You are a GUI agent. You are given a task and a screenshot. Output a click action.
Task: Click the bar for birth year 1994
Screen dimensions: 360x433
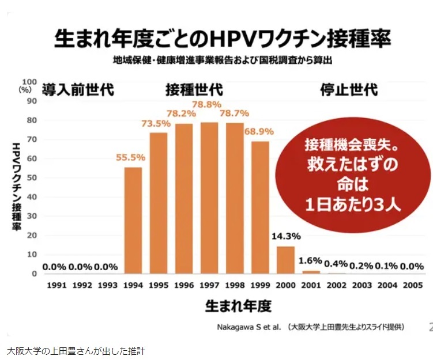[133, 220]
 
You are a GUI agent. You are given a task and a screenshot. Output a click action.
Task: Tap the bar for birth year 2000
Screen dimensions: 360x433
[285, 260]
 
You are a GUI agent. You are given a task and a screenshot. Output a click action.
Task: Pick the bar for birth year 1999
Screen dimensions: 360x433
[260, 207]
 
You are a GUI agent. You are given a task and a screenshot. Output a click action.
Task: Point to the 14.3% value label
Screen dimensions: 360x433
[285, 237]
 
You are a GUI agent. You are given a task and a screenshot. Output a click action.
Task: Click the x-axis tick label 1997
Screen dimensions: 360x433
[209, 285]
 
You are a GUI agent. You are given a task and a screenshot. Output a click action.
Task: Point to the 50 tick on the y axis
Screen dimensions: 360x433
[32, 177]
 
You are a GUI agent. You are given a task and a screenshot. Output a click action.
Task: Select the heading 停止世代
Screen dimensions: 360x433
[349, 90]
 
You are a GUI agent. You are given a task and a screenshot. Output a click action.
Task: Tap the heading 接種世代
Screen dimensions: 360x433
[194, 90]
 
